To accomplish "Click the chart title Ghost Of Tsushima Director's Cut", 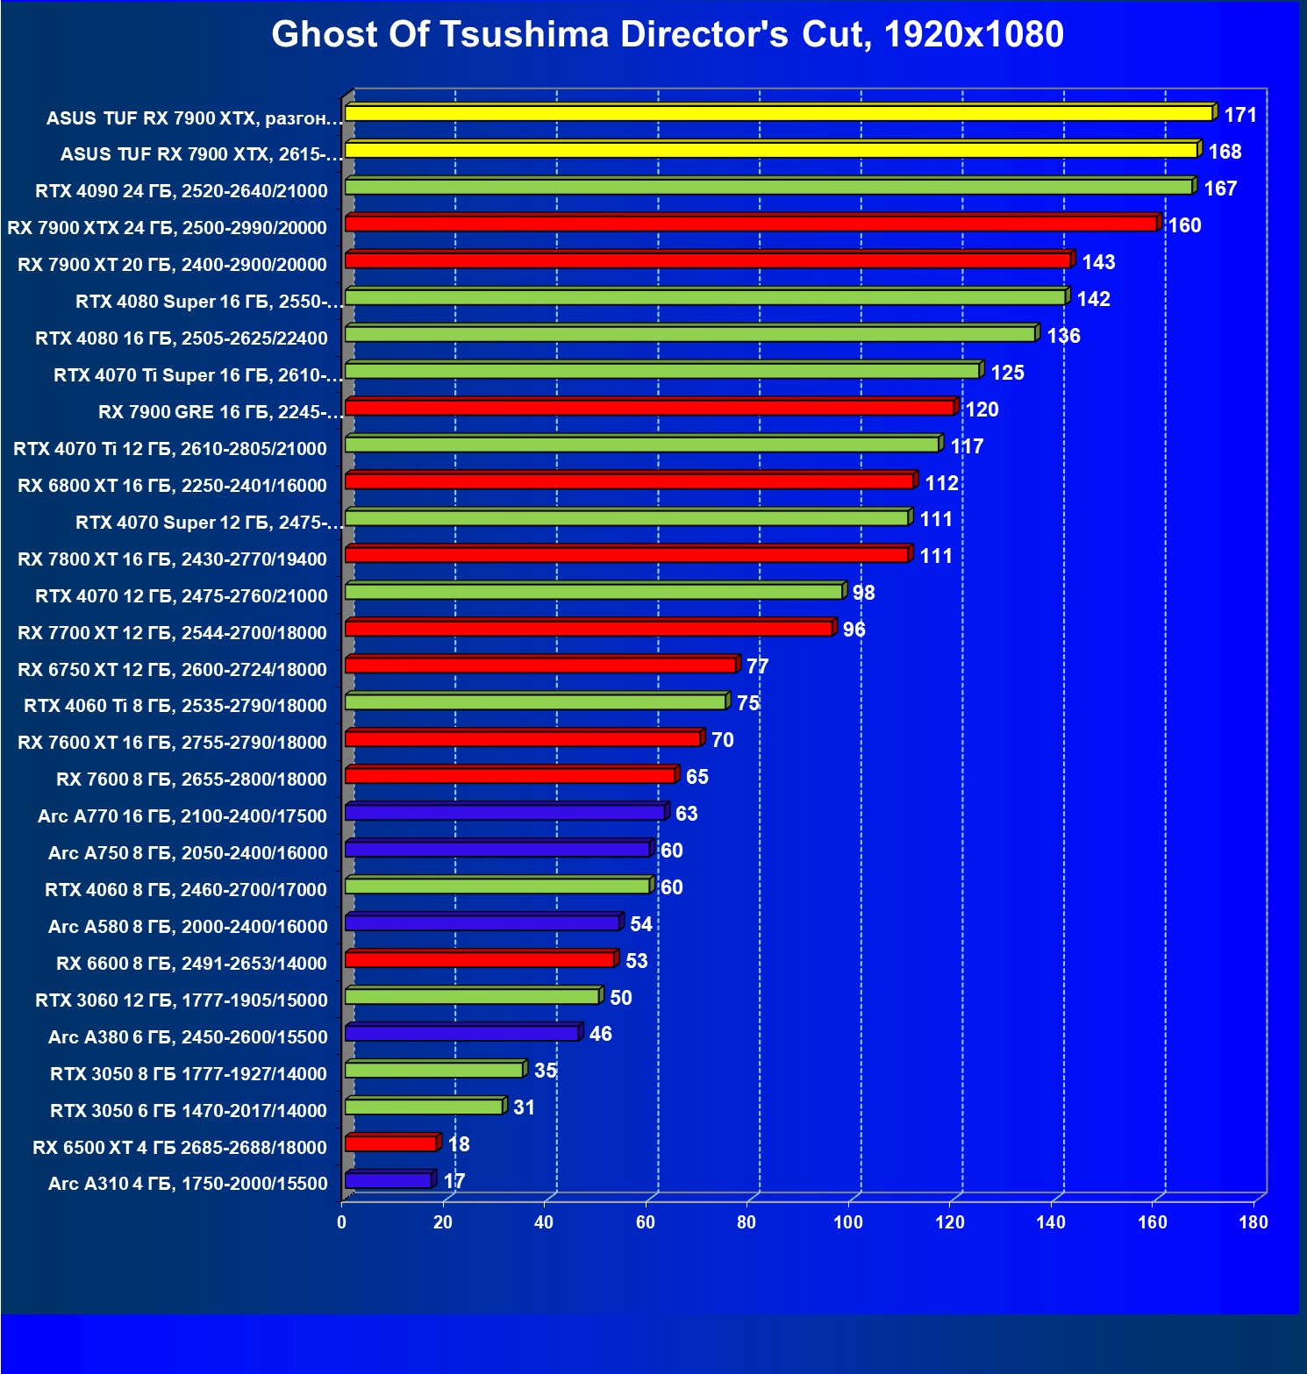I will coord(667,35).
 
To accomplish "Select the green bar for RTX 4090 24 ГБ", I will coord(768,187).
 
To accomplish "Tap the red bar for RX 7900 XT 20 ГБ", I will coord(708,260).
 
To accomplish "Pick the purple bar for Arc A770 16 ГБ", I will coord(504,813).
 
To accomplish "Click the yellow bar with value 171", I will coord(779,113).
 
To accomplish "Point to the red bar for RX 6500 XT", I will coord(390,1143).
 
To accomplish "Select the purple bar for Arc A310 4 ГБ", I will coord(388,1180).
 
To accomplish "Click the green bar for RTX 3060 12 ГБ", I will coord(472,996).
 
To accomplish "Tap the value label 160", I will coord(1184,225).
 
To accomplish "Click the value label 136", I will coord(1063,336).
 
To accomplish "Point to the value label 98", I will coord(863,593).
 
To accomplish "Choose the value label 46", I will coord(601,1034).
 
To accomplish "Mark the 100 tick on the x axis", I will coord(848,1222).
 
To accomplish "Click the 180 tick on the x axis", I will coord(1253,1222).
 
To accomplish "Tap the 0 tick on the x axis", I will coord(342,1222).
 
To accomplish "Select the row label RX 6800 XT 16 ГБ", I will coord(172,486).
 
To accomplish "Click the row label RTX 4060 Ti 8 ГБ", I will coord(175,706).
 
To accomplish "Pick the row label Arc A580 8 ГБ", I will coord(188,927).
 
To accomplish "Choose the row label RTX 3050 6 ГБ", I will coord(188,1111).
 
